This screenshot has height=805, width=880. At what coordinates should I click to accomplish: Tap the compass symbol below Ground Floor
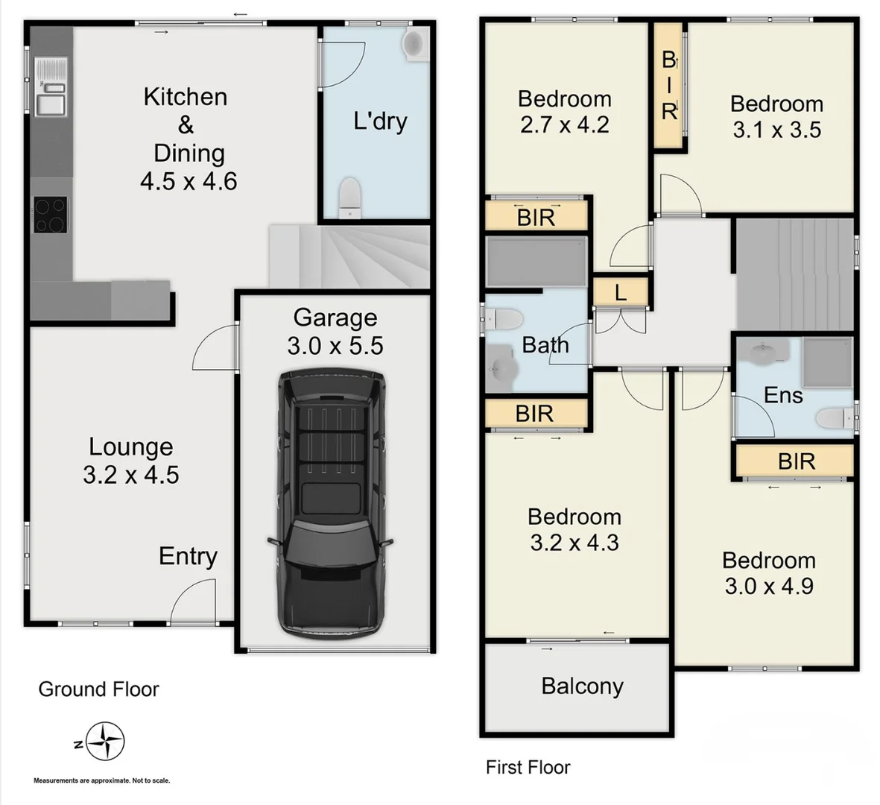(104, 742)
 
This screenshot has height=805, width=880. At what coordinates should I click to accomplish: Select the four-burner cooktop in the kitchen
(50, 215)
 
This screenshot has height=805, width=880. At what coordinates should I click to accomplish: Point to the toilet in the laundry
(349, 198)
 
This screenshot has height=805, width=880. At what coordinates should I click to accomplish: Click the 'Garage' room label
(335, 318)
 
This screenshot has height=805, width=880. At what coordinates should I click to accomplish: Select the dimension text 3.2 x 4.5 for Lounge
(131, 475)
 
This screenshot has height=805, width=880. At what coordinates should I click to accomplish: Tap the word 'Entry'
(188, 556)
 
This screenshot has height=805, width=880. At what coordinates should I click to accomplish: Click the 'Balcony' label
(582, 686)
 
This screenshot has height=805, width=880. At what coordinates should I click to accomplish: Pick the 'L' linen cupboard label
(621, 293)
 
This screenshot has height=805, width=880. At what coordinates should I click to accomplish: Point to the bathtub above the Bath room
(536, 261)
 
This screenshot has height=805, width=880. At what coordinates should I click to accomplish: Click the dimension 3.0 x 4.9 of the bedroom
(769, 586)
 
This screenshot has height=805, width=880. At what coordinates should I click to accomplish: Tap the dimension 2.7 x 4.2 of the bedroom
(565, 124)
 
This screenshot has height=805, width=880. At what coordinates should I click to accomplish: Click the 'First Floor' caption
(528, 767)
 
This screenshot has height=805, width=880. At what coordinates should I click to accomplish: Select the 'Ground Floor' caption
(98, 689)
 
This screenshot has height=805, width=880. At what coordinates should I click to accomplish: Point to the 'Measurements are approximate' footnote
(102, 780)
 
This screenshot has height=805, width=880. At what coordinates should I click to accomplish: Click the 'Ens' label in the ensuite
(783, 395)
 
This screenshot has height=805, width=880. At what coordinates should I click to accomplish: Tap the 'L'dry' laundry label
(380, 121)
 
